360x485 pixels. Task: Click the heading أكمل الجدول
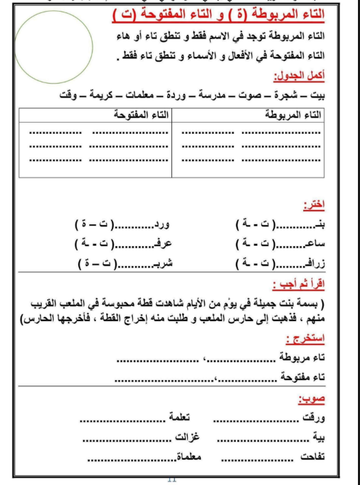pos(299,76)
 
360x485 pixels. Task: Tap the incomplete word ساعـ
pos(311,244)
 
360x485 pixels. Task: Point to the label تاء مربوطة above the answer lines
pos(301,358)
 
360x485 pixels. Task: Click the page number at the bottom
pos(171,478)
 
